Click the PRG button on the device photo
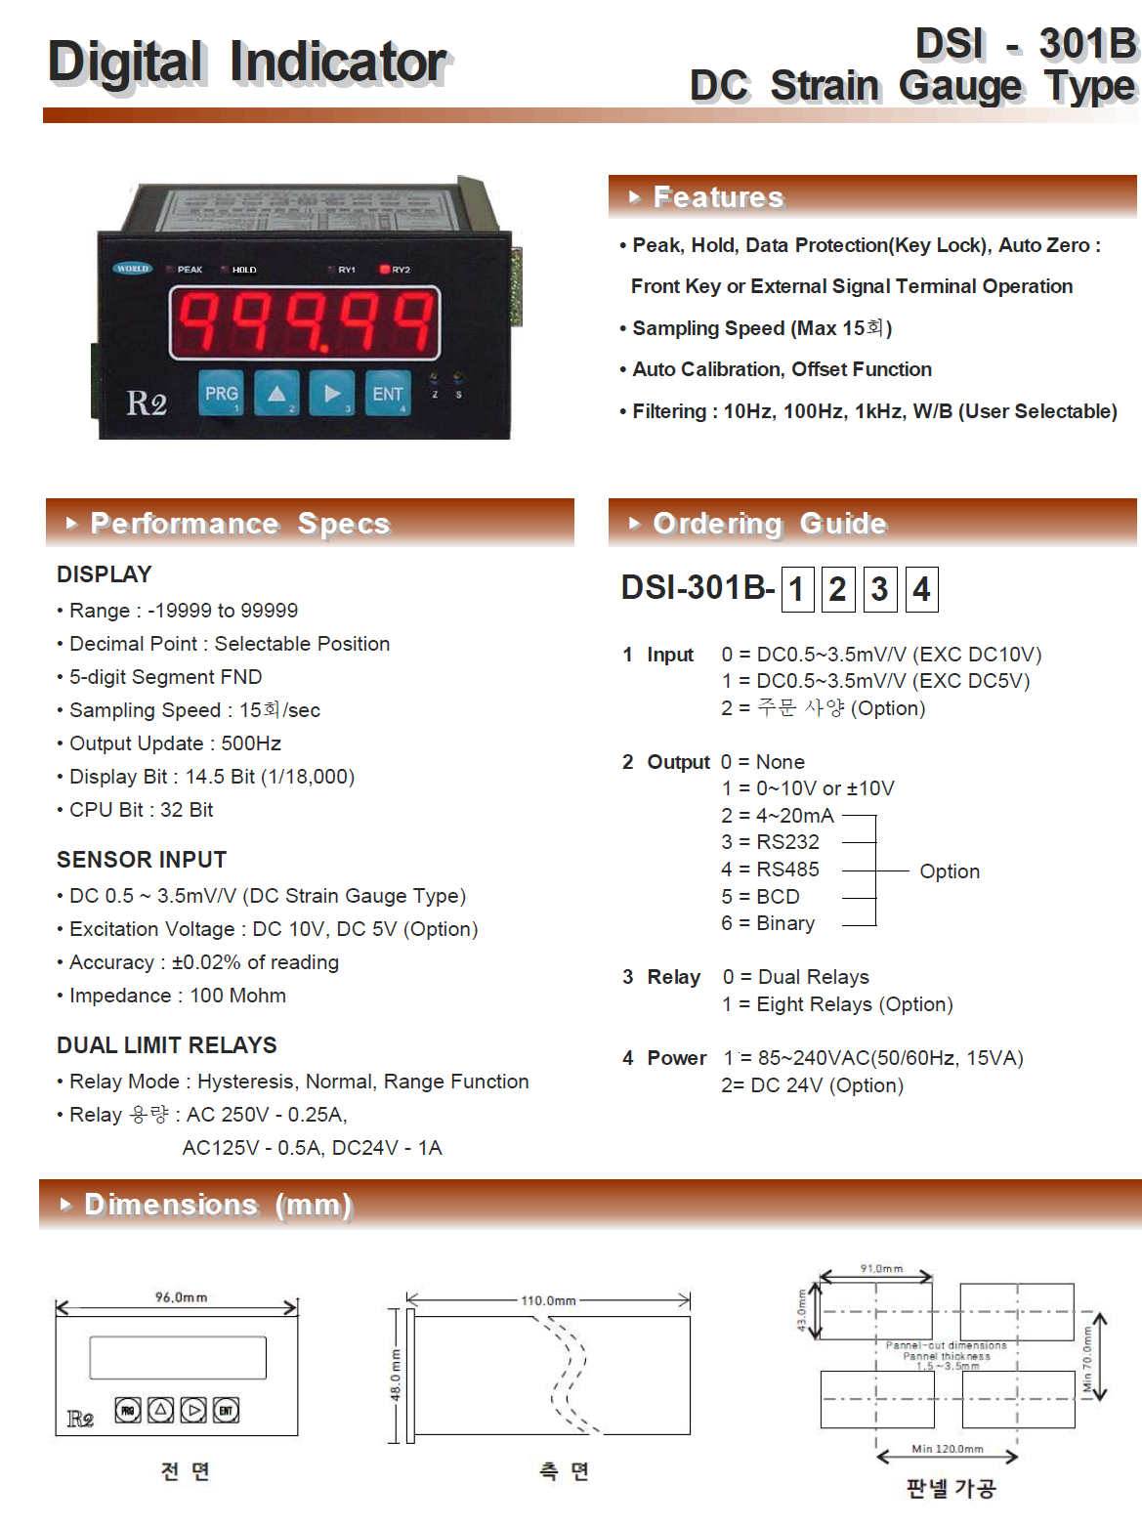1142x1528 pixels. point(221,394)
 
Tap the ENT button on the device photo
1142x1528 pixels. point(387,394)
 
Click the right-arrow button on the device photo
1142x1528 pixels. point(332,394)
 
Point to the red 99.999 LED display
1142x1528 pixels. point(305,321)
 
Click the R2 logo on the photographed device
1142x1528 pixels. point(147,403)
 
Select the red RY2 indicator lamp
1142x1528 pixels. point(385,270)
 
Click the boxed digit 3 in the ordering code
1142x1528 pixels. point(879,589)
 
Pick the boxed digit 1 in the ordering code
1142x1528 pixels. point(797,589)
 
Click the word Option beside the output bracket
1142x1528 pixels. point(950,871)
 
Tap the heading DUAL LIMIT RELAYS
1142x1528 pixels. point(167,1045)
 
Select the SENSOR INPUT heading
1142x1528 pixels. point(142,860)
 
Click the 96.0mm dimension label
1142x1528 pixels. point(181,1297)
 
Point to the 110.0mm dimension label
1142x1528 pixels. point(548,1300)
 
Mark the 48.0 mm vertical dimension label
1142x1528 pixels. point(396,1376)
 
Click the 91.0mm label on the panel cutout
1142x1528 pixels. point(881,1268)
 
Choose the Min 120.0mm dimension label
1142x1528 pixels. point(948,1449)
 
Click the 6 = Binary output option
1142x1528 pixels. point(768,923)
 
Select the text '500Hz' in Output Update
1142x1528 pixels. point(251,743)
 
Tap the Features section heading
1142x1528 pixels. point(718,197)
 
